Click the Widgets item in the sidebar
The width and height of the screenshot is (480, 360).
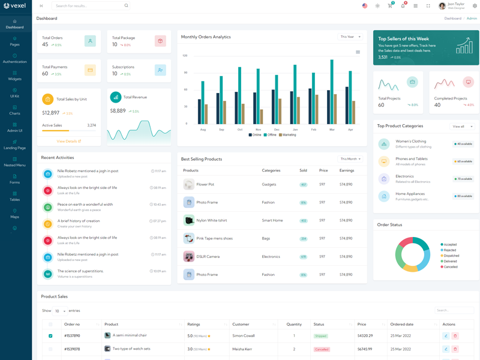coord(14,76)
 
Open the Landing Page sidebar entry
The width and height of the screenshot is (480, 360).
coord(14,145)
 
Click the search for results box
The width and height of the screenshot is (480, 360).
coord(90,6)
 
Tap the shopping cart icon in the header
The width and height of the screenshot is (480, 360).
coord(390,6)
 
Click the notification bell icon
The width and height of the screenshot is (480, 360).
coord(403,6)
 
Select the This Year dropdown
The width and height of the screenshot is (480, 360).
coord(351,37)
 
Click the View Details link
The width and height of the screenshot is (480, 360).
coord(68,142)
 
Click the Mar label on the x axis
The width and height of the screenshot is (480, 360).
coord(332,130)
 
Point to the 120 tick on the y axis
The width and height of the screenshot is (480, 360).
coord(185,56)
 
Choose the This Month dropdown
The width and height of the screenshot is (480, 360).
coord(350,159)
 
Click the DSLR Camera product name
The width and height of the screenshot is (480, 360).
coord(208,257)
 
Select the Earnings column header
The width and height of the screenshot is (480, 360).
coord(347,170)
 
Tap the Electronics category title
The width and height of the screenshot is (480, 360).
coord(405,176)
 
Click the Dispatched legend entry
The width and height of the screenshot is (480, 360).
coord(450,256)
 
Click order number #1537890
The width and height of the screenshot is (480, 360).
coord(72,336)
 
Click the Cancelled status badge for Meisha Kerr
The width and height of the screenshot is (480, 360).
coord(322,349)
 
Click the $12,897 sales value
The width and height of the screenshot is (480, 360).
coord(50,113)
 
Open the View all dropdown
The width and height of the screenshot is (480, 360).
coord(462,127)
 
